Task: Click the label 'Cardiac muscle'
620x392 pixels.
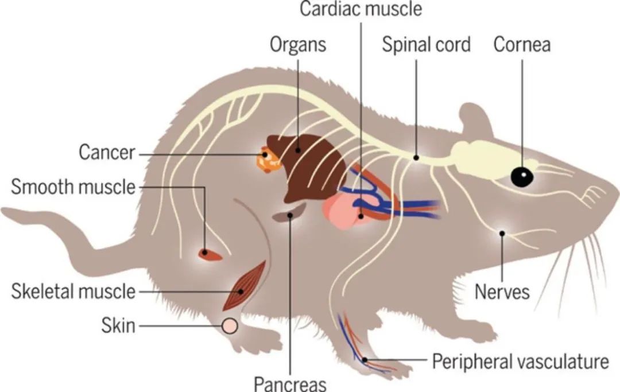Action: [x=361, y=10]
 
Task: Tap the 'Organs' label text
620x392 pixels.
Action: [x=298, y=45]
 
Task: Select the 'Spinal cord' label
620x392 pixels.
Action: [x=426, y=45]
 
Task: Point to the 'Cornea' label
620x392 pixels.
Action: [x=522, y=45]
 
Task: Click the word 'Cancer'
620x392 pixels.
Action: [x=107, y=153]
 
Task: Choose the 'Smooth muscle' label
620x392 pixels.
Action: [x=73, y=187]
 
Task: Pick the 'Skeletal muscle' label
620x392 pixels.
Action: [x=73, y=292]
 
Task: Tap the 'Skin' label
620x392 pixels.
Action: [x=118, y=326]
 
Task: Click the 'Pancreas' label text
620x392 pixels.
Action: [x=290, y=382]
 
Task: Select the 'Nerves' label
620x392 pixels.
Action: [x=502, y=292]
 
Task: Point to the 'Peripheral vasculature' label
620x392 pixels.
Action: [x=520, y=362]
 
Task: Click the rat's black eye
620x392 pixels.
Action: [x=522, y=176]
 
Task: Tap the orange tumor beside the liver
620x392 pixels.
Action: [x=269, y=160]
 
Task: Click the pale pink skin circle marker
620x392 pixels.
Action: [x=230, y=326]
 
